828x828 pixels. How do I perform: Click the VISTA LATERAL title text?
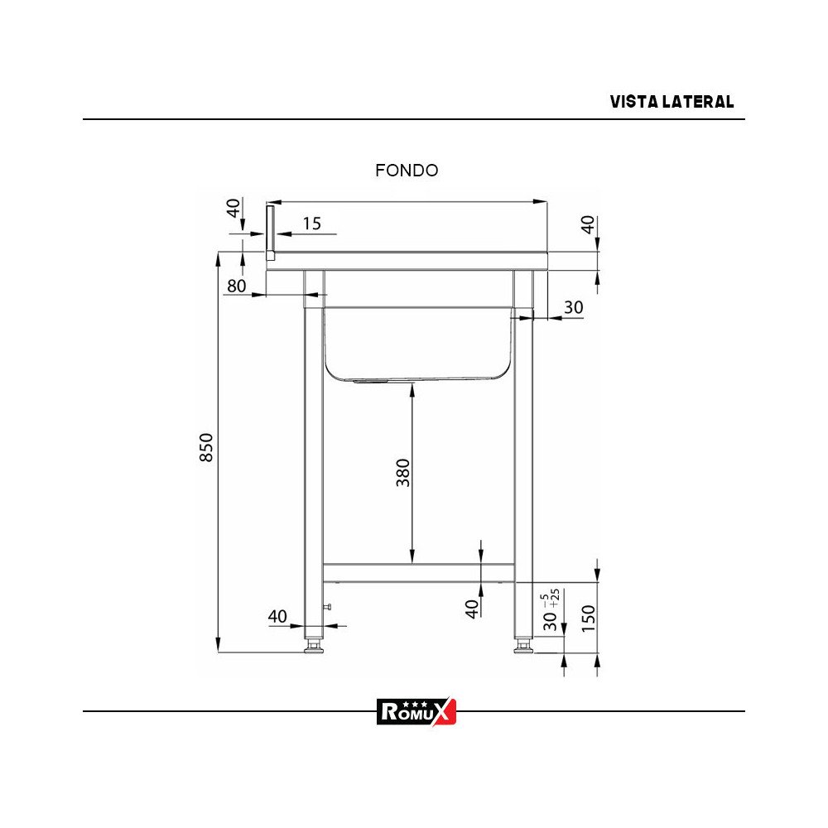click(672, 102)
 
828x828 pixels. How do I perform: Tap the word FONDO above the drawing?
click(407, 171)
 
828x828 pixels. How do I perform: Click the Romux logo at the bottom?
click(416, 710)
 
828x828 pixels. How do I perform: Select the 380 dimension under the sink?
click(403, 472)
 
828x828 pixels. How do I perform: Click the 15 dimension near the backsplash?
click(311, 224)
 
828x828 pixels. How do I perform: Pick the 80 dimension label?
click(236, 286)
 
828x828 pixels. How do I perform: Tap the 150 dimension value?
click(588, 618)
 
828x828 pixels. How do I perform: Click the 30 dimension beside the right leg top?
click(573, 307)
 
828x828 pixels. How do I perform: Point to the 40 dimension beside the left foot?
click(277, 616)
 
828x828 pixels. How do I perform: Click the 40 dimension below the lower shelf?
click(472, 609)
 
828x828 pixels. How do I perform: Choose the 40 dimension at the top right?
click(588, 225)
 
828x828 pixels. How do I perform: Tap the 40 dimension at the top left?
click(234, 208)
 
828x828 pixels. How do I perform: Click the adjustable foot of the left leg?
click(314, 645)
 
